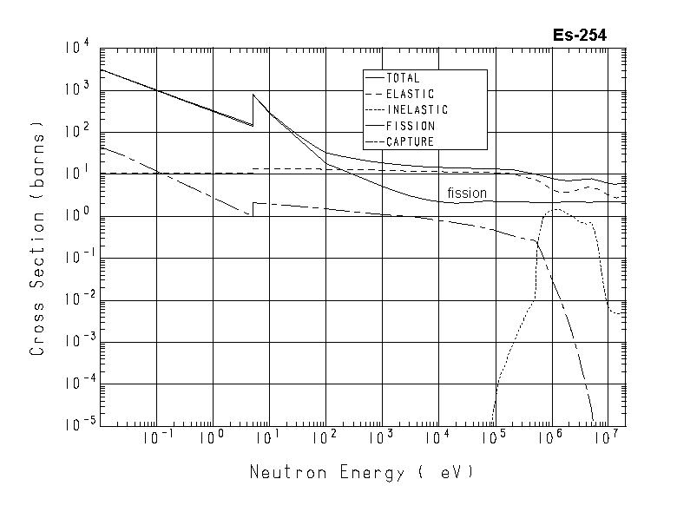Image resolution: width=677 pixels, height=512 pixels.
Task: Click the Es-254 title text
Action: pos(579,36)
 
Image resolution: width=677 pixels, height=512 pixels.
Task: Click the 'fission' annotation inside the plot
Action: pos(466,193)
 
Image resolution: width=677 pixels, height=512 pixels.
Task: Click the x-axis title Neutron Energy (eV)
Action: pos(362,473)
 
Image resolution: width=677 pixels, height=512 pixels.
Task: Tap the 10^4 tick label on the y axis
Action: pos(76,49)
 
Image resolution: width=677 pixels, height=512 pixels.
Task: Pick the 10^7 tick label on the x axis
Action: pos(606,438)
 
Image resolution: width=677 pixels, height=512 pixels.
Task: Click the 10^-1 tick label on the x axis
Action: pos(155,438)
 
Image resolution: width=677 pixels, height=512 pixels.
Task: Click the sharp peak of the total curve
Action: pos(253,95)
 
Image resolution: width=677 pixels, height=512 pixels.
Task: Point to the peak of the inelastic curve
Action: pos(555,209)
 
